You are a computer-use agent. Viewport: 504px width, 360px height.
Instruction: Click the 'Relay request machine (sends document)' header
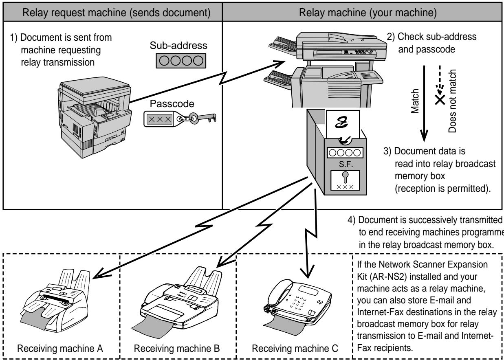117,13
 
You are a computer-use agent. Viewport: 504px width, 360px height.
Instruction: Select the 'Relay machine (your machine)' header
368,13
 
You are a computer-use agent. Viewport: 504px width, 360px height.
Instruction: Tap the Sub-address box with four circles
181,61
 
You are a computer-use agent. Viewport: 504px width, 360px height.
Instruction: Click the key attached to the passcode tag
202,118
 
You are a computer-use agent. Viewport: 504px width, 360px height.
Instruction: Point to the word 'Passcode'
172,104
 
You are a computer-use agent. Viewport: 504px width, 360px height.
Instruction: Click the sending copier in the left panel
95,117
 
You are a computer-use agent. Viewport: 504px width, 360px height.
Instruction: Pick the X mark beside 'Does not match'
440,100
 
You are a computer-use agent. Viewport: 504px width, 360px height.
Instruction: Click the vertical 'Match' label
415,101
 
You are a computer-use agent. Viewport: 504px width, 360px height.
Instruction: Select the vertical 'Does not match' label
452,101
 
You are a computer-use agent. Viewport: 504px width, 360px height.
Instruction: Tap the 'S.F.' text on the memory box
346,164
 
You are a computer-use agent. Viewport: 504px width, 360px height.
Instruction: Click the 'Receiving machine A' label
60,348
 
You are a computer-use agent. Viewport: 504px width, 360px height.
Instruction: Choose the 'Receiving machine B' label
177,348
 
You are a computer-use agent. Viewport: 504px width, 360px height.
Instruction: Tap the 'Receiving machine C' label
295,348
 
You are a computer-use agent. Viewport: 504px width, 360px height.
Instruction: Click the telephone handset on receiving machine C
278,294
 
